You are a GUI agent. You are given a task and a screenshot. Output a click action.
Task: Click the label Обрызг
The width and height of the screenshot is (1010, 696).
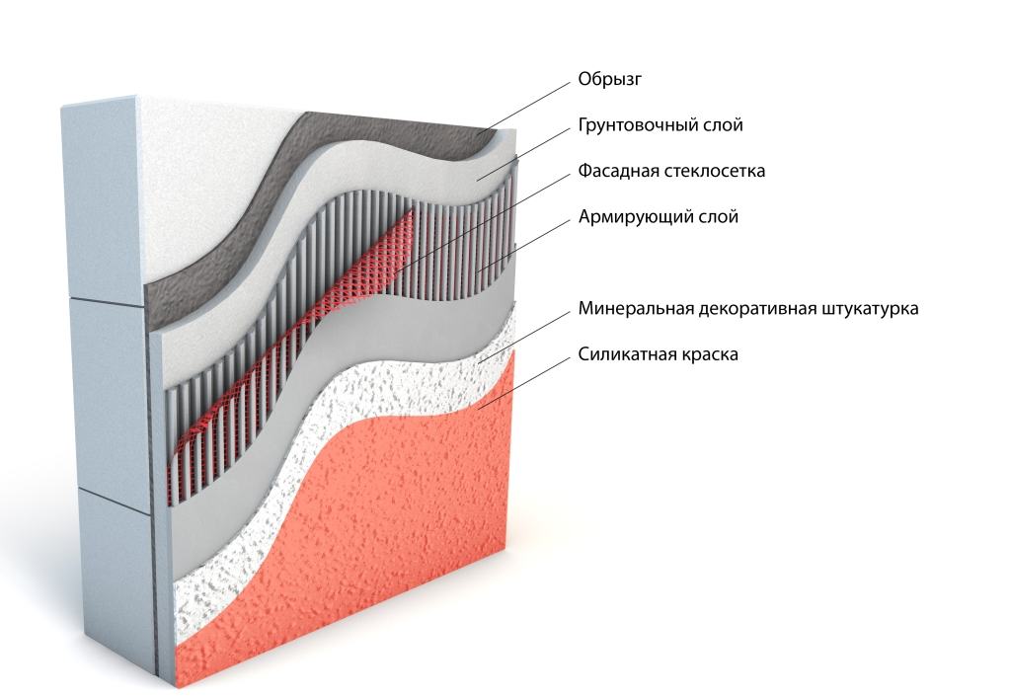pos(603,80)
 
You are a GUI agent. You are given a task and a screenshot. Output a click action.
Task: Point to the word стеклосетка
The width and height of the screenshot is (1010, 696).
pos(712,171)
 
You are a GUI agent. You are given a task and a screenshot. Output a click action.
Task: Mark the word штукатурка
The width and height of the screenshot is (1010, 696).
pos(870,309)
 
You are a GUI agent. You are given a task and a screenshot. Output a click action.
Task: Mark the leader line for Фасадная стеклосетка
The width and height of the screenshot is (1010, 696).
pos(494,216)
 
